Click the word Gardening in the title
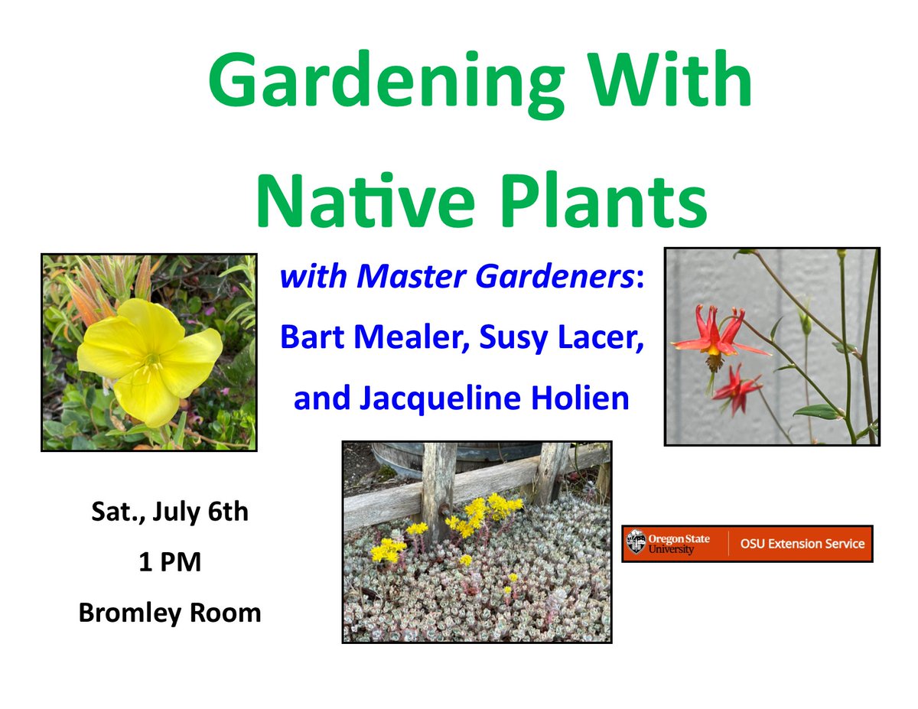click(386, 84)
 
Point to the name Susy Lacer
click(561, 339)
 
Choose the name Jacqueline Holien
click(494, 399)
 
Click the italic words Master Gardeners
click(495, 277)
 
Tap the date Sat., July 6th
click(170, 512)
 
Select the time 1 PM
click(170, 562)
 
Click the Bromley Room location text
click(170, 613)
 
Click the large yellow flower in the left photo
click(149, 362)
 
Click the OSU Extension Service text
click(802, 544)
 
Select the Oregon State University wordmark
click(679, 544)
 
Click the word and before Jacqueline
click(322, 399)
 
